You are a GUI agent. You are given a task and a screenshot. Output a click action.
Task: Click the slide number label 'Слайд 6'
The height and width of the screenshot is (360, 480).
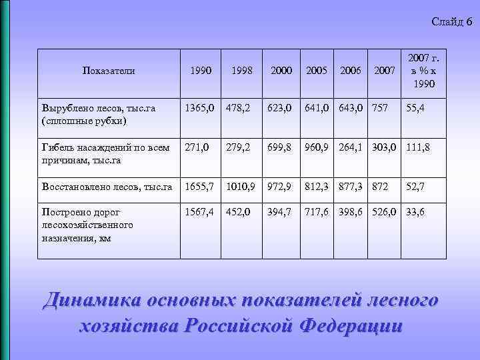coord(451,22)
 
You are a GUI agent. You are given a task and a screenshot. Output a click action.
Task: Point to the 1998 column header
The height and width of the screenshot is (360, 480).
coord(241,70)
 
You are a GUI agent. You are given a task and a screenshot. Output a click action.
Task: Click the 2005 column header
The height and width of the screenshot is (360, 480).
coord(317,70)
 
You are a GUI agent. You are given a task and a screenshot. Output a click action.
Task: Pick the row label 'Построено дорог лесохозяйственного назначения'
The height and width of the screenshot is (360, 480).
coord(87,225)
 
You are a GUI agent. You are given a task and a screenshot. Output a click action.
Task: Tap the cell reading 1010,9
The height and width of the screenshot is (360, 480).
coord(241,187)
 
